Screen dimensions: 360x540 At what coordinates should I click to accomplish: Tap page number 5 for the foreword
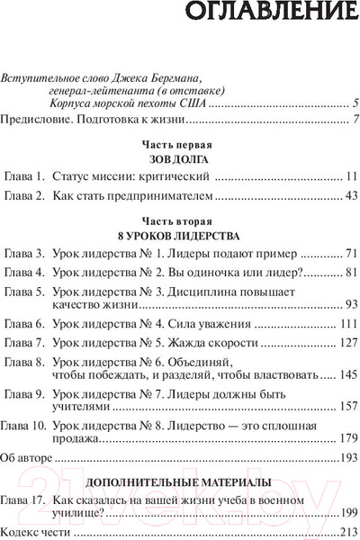click(356, 103)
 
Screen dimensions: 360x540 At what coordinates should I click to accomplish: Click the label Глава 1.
click(24, 176)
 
